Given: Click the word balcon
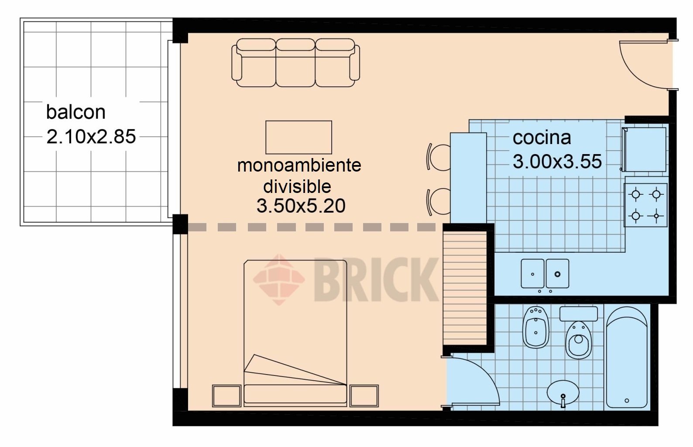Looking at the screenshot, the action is click(76, 112).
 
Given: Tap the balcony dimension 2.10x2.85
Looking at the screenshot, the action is click(91, 137).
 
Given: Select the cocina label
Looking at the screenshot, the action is click(542, 138).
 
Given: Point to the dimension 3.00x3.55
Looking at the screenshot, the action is click(557, 161).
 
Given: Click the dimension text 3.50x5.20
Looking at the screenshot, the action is click(301, 206).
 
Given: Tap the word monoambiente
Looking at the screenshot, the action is click(299, 165).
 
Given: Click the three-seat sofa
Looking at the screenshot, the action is click(295, 62).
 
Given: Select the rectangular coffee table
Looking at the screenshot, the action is click(298, 137).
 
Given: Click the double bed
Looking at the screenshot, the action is click(295, 333).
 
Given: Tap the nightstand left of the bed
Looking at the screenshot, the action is click(226, 395).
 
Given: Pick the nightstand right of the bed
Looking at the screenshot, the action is click(364, 395).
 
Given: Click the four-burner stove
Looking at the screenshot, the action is click(645, 205).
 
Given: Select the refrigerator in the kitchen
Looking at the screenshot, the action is click(644, 149).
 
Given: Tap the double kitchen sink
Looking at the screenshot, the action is click(545, 274).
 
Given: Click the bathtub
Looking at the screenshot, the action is click(627, 358).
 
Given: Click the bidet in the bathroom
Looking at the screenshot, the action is click(536, 327).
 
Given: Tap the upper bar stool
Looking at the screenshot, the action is click(438, 157).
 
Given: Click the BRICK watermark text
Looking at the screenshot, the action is click(376, 279).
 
